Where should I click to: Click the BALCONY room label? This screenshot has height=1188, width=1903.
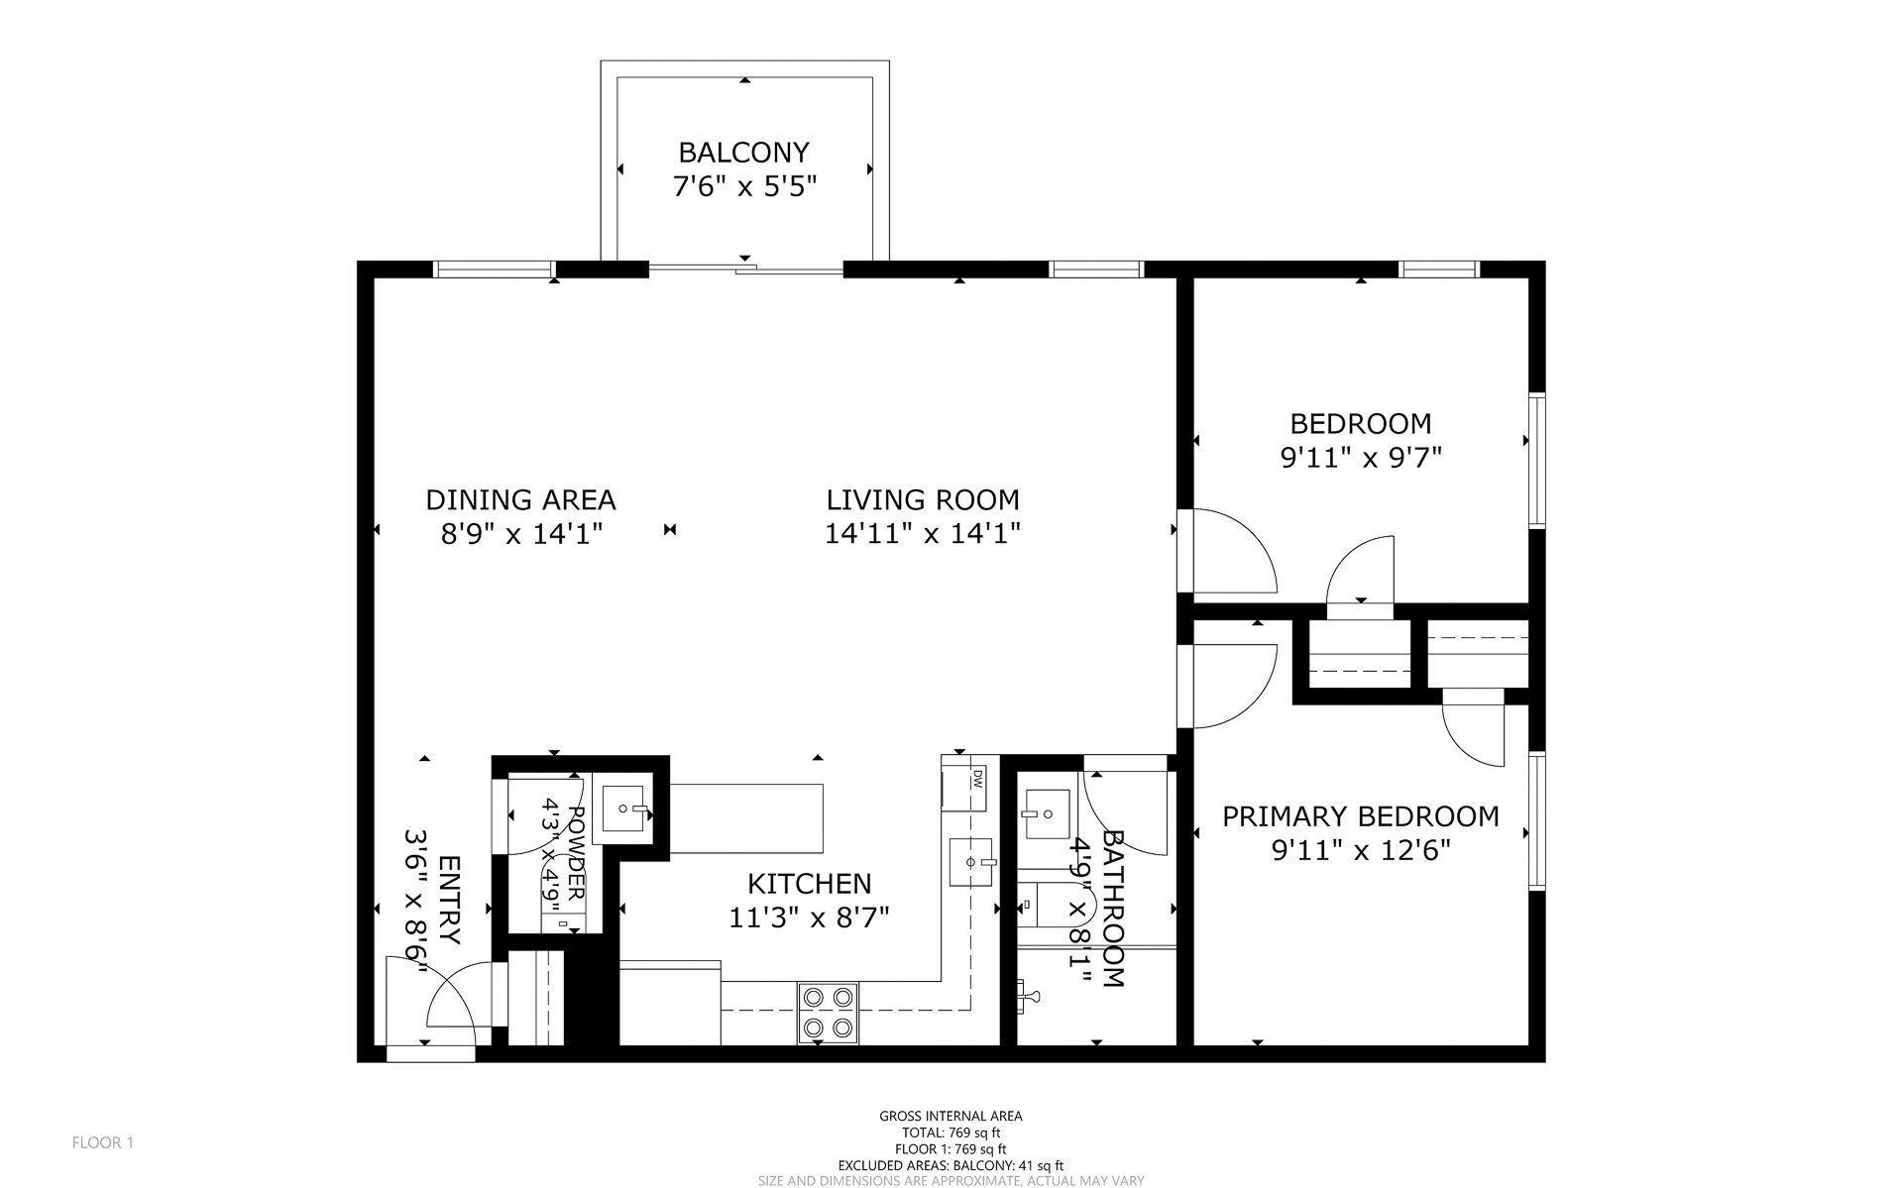[743, 153]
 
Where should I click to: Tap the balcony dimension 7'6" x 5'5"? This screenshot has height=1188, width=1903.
[744, 186]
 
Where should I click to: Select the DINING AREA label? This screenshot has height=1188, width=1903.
[520, 499]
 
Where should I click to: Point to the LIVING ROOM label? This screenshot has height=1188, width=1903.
[923, 499]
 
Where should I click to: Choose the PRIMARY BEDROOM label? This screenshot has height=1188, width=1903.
[1360, 816]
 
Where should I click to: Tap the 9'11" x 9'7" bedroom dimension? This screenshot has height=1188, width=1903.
[1360, 458]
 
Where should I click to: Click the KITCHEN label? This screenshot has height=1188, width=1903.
[809, 883]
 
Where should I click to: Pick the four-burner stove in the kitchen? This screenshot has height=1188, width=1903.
[828, 1012]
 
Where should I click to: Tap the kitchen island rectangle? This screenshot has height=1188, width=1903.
[747, 818]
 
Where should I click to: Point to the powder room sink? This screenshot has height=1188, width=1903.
[624, 809]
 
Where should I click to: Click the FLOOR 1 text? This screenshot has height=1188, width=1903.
[102, 1142]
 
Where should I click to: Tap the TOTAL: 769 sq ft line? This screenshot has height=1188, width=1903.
[951, 1133]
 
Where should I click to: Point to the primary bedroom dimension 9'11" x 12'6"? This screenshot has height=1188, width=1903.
[1360, 850]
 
